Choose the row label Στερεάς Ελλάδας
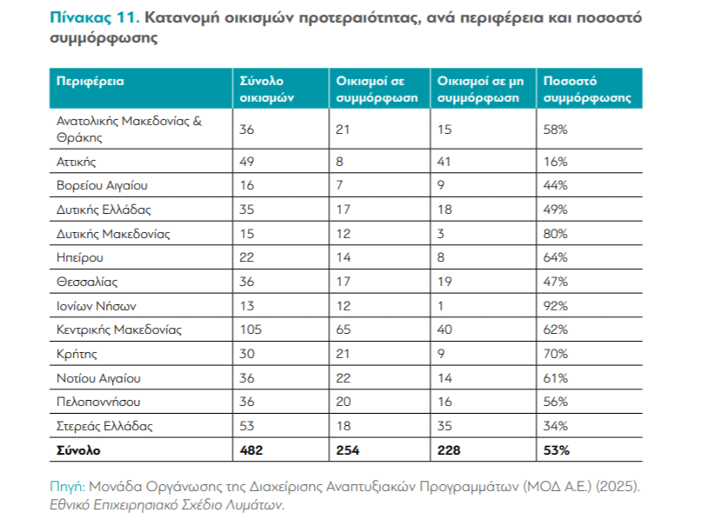[104, 426]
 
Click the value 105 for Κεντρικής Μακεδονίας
[251, 330]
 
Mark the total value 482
[251, 450]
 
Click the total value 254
[348, 450]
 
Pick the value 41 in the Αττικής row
[445, 162]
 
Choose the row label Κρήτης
[76, 354]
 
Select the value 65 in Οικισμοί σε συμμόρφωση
[344, 330]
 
